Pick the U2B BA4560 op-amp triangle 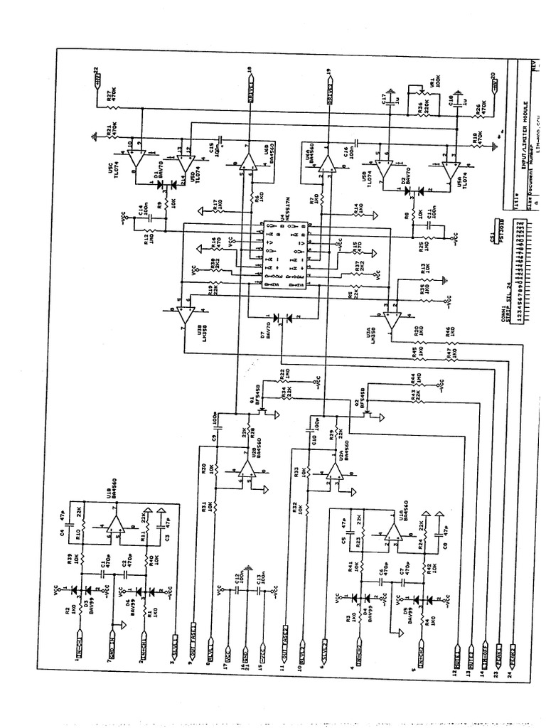pyautogui.click(x=247, y=470)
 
